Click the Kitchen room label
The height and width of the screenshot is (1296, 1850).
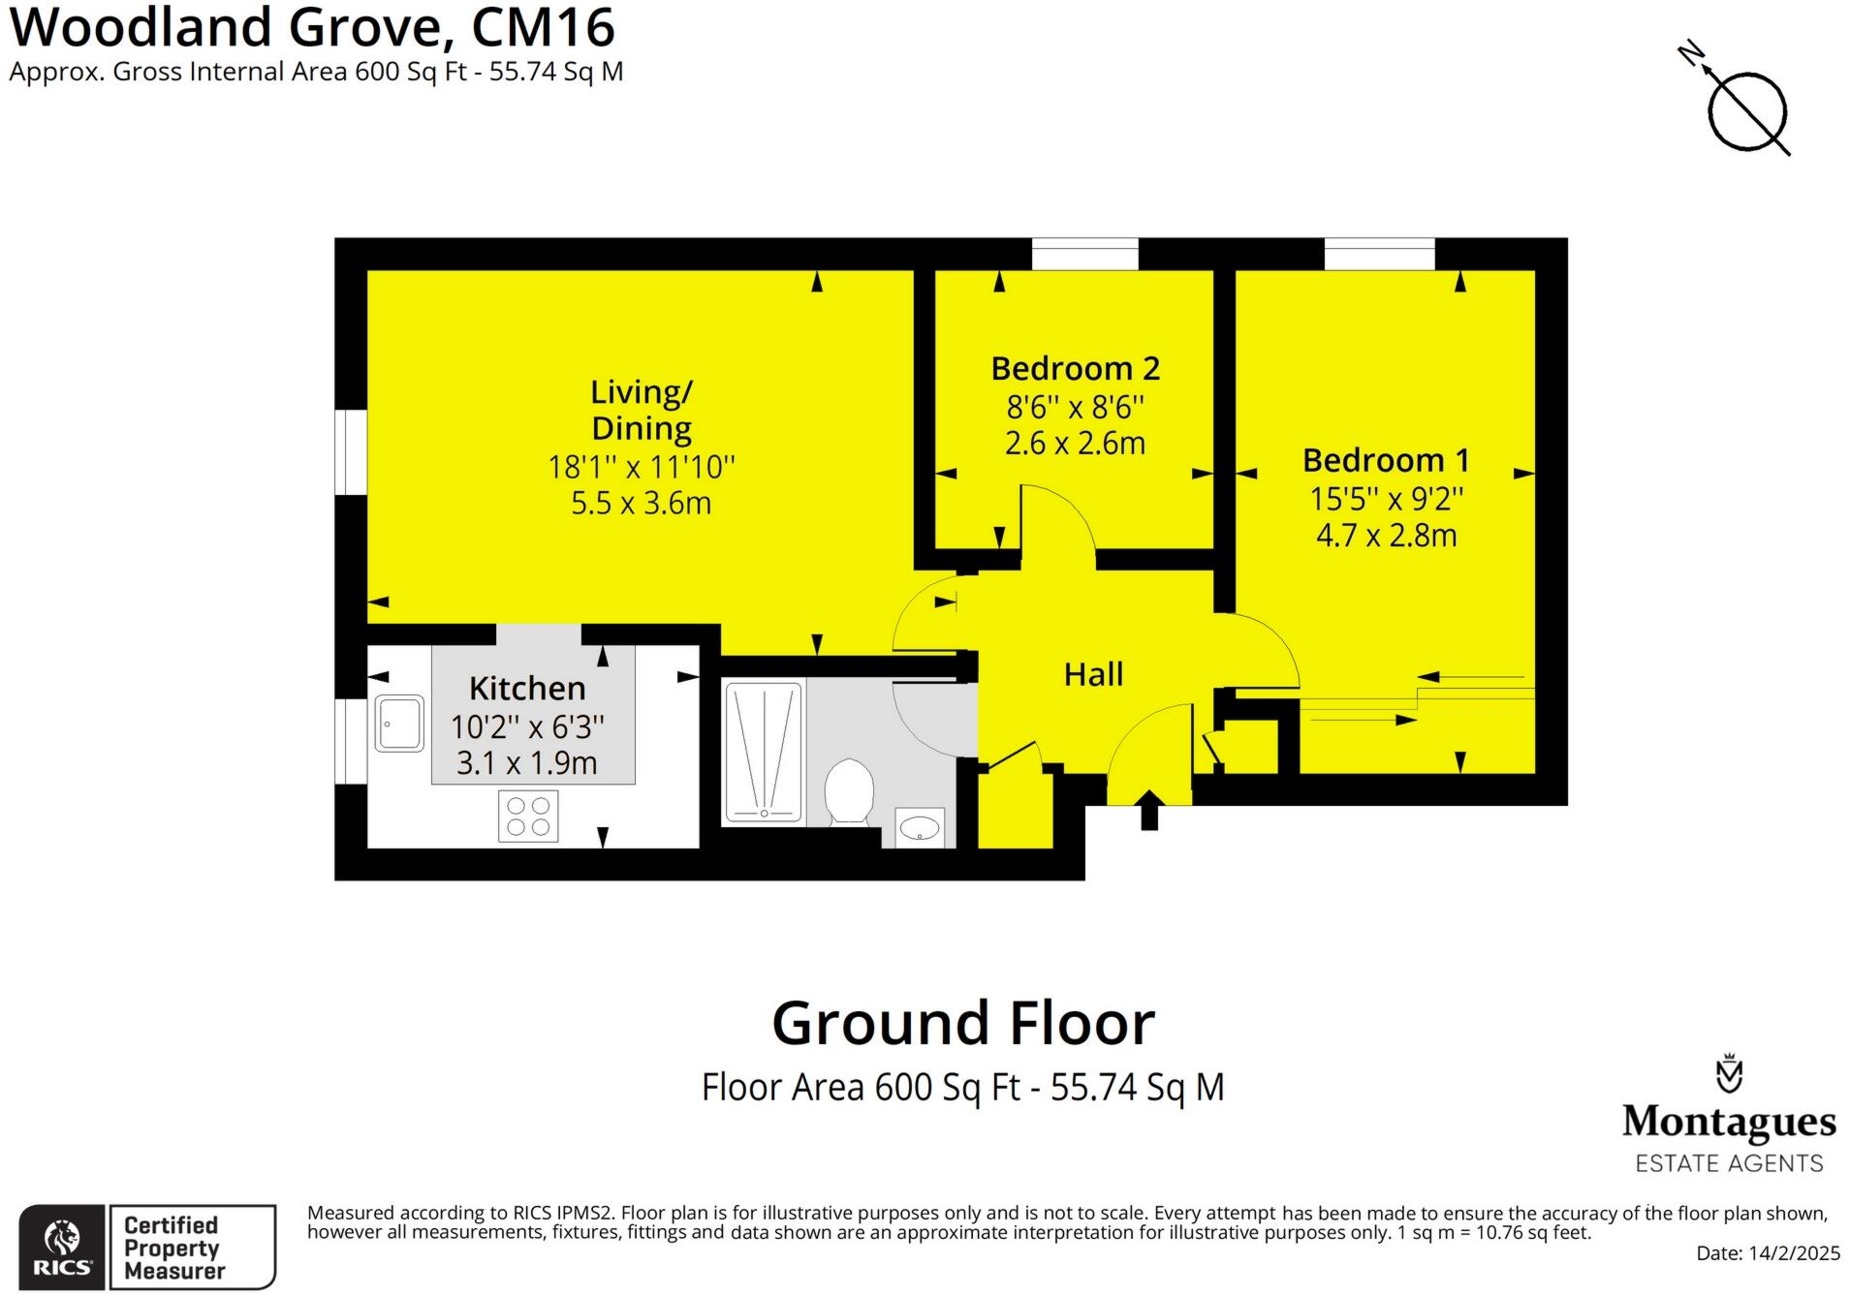coord(527,689)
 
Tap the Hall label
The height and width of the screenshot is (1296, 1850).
coord(1093,675)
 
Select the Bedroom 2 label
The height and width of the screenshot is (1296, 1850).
coord(1075,369)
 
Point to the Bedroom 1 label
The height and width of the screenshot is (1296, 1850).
coord(1386,460)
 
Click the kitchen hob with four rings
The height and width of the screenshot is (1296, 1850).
coord(528,816)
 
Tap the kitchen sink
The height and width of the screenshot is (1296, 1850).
coord(399,723)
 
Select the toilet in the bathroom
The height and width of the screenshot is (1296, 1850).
coord(849,791)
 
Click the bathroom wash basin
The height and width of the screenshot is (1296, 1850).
coord(919,828)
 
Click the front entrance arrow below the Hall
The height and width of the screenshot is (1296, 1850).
coord(1149,809)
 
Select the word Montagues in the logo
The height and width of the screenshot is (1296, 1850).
coord(1729,1122)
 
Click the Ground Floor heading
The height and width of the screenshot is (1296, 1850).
coord(963,1024)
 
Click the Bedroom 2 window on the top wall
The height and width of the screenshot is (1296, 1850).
coord(1084,254)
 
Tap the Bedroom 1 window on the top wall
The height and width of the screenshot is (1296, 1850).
coord(1379,254)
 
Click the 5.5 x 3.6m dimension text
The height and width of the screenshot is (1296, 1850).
coord(641,504)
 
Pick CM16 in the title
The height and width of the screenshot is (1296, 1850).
coord(543,27)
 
